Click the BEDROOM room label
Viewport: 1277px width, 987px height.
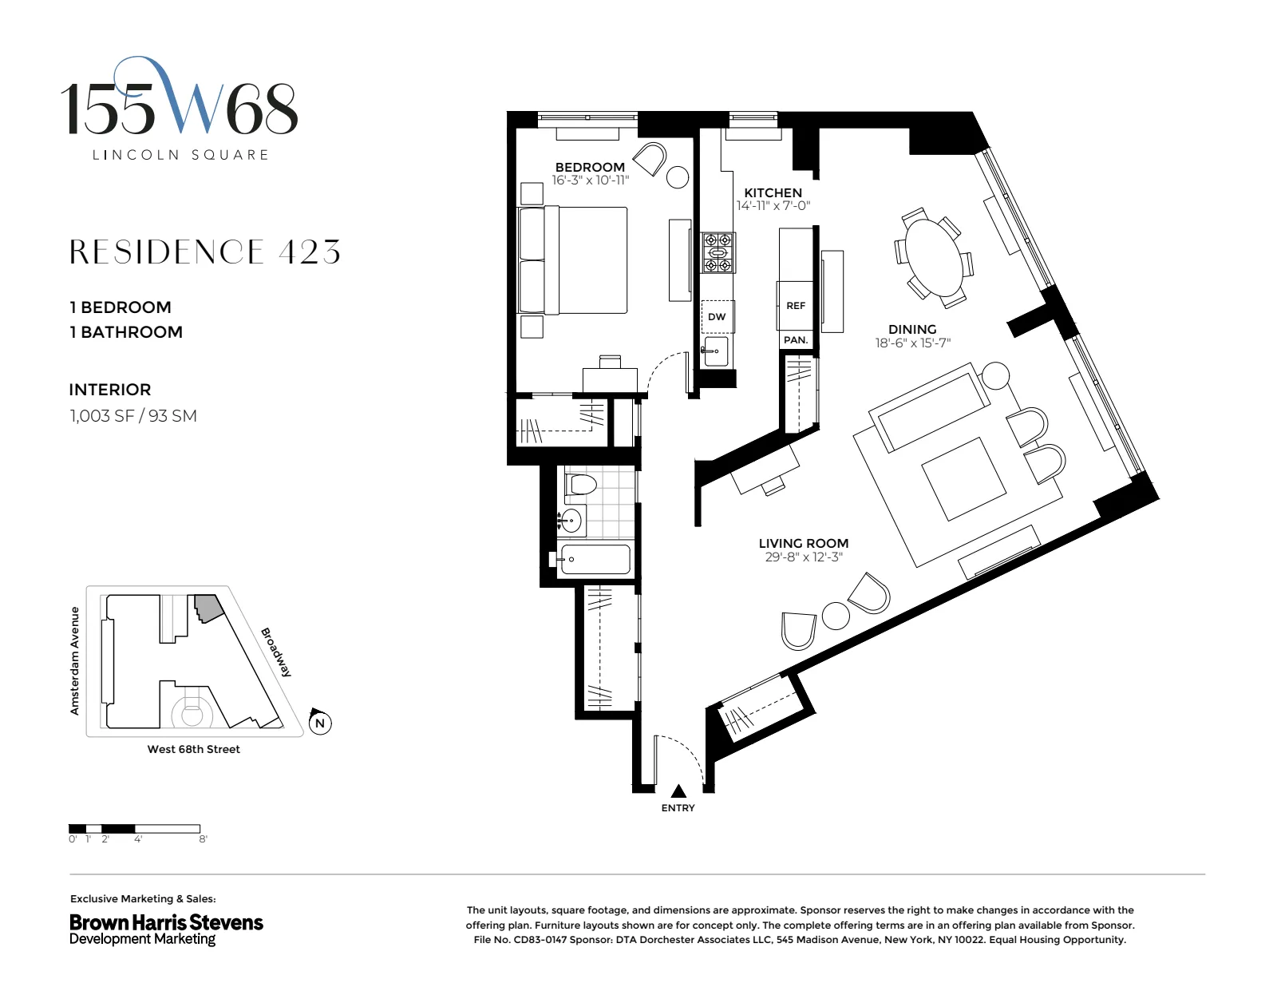590,167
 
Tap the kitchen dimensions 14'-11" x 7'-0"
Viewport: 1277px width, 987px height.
773,206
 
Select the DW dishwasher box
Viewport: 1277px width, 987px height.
717,317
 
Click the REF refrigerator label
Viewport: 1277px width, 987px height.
796,306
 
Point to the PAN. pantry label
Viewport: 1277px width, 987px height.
796,340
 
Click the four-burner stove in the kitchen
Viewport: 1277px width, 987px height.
718,253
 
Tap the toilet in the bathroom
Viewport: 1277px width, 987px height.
581,485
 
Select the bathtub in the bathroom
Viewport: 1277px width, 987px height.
595,560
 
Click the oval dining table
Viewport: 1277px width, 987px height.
932,258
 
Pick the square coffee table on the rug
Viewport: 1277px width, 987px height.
963,478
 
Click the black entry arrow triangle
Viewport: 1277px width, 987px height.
678,791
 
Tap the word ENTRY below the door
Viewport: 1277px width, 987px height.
678,808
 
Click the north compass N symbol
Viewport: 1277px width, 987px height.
320,723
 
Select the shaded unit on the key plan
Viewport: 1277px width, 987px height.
208,608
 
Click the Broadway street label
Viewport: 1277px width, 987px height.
276,652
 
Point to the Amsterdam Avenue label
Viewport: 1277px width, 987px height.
75,660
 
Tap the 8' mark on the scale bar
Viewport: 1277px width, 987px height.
203,839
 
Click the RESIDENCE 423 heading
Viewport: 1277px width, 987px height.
205,252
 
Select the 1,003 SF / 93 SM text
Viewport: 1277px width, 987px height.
133,416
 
